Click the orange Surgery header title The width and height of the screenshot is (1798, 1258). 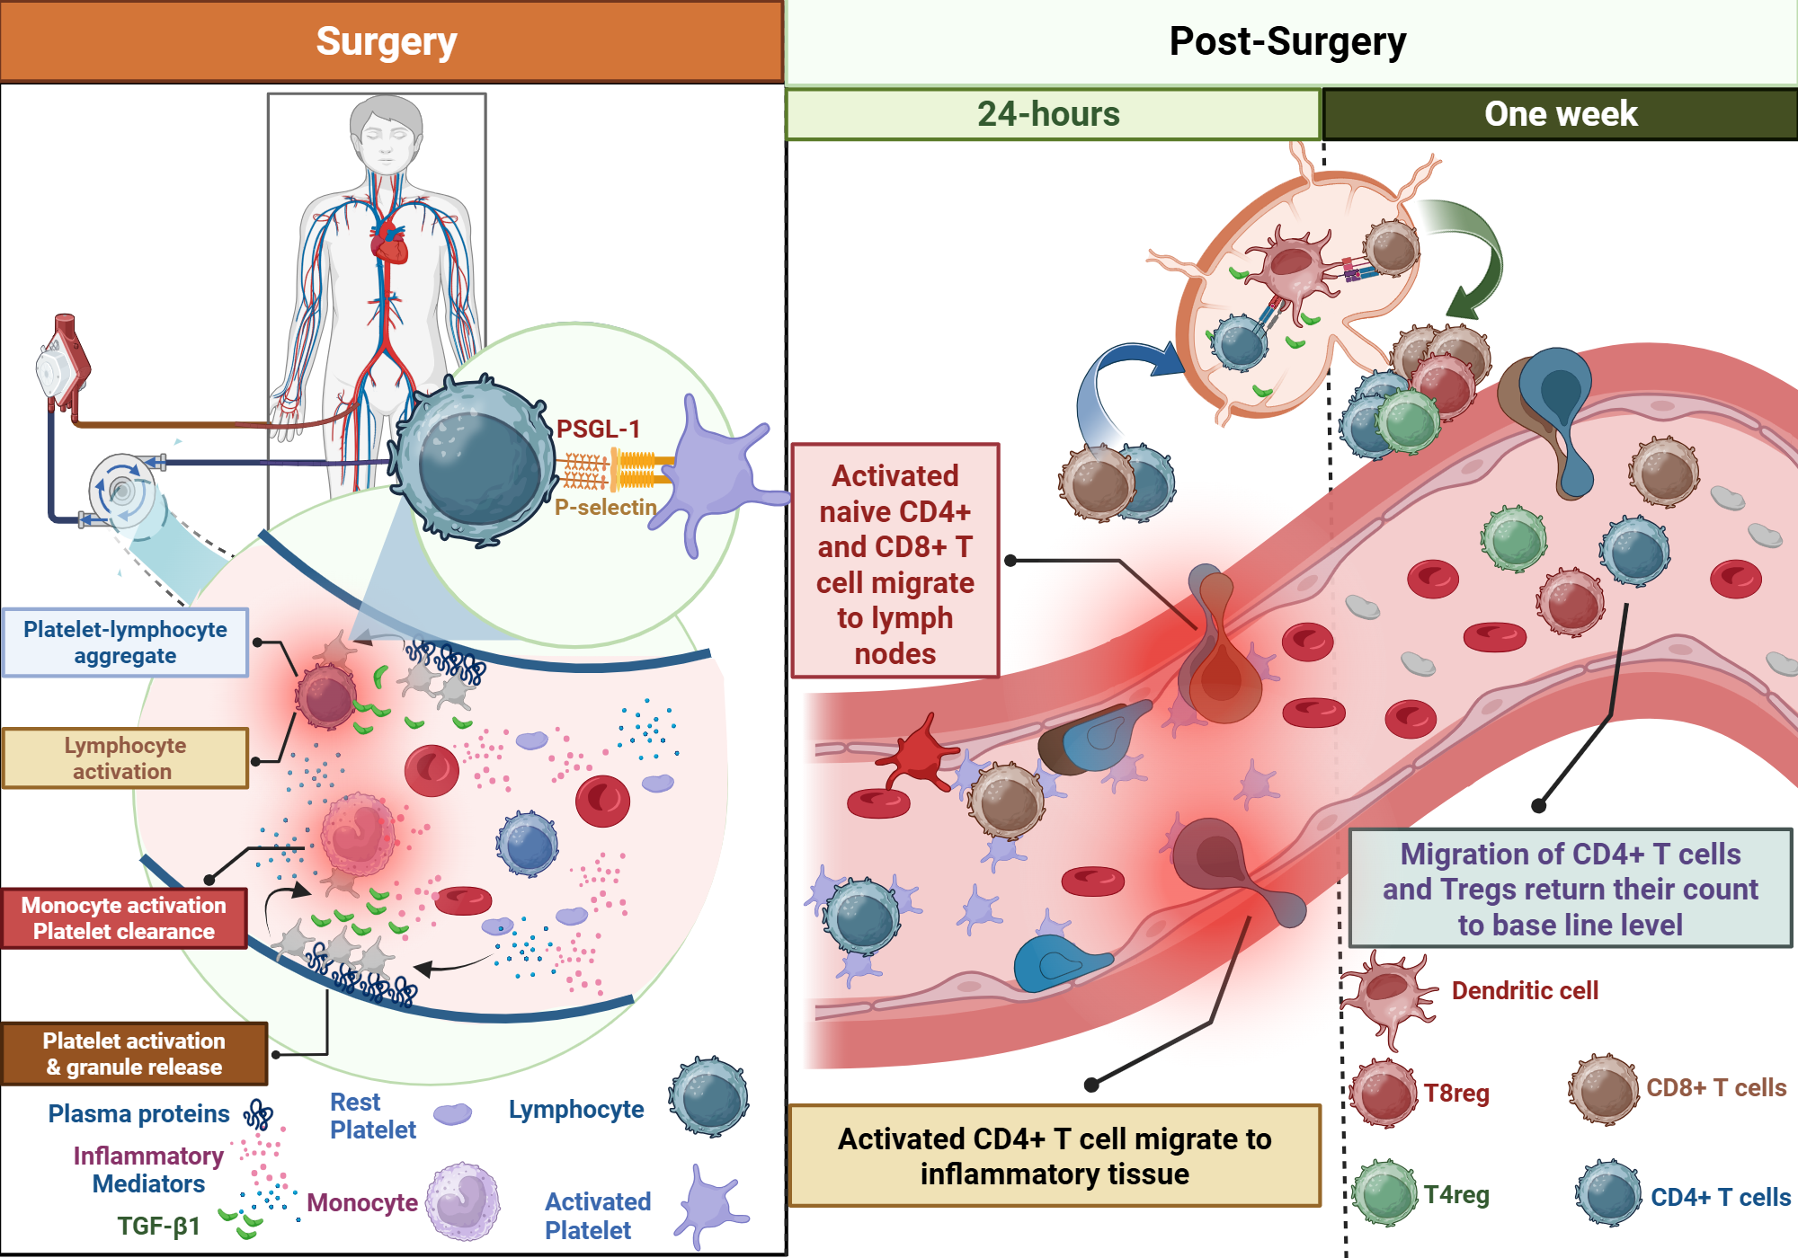387,41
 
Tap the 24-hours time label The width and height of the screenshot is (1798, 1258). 1048,114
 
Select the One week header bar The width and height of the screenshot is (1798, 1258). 1561,114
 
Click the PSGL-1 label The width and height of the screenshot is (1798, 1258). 598,429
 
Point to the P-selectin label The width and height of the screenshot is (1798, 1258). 605,508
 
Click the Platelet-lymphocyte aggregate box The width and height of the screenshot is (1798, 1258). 125,642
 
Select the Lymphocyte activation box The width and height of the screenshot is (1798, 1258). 125,758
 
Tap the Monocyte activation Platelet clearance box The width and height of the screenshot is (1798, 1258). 124,918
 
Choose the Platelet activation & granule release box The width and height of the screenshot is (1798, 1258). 134,1054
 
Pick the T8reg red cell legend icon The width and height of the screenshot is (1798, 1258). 1384,1093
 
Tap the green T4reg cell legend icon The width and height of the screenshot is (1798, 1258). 1384,1193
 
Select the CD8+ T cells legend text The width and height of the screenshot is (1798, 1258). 1715,1088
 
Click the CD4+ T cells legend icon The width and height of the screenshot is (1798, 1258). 1608,1193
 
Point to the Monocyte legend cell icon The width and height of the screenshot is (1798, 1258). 462,1201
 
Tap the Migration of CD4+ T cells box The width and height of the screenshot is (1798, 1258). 1570,889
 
